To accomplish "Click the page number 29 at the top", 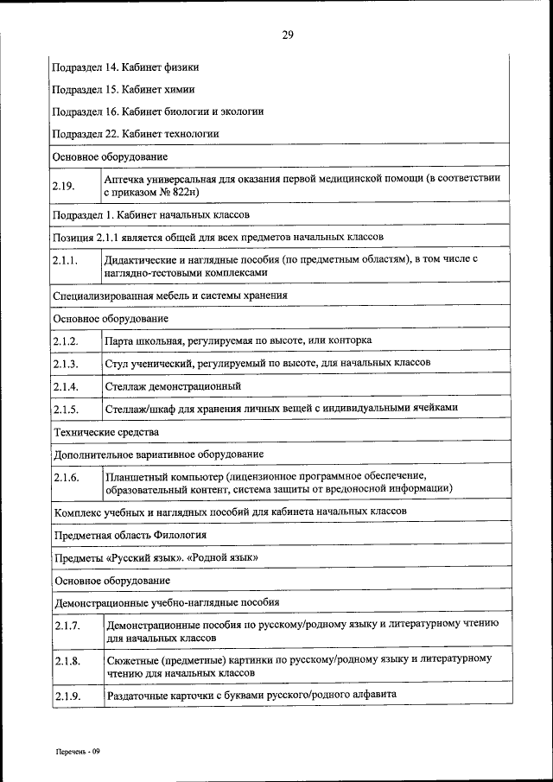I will tap(288, 35).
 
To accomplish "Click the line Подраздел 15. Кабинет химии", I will tap(123, 88).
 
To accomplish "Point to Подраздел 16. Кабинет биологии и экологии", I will tap(158, 111).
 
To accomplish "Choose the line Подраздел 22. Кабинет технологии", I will tap(136, 134).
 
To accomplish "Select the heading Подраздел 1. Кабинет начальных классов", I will tap(151, 214).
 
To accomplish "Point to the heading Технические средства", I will tap(106, 431).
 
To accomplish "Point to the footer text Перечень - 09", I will tap(79, 752).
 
